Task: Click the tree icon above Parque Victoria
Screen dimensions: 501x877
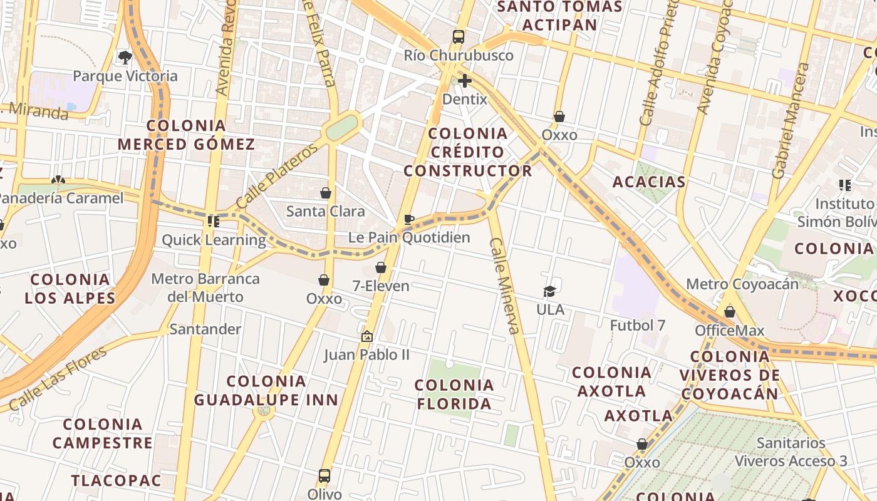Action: [125, 58]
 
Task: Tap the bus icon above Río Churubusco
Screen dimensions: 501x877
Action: [459, 37]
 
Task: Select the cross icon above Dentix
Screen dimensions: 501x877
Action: [465, 81]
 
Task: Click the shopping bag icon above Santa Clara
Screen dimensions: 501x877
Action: [325, 193]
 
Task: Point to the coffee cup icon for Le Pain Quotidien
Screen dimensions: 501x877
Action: [409, 219]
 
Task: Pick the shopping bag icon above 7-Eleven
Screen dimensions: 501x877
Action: [380, 268]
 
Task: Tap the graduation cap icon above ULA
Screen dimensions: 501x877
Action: [550, 291]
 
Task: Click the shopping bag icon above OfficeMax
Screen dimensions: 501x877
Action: [730, 312]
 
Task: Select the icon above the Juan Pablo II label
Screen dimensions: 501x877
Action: [367, 336]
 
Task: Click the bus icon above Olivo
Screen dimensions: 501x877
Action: [324, 475]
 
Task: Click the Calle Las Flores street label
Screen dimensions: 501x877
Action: [58, 379]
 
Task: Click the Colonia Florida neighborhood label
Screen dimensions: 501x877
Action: [455, 395]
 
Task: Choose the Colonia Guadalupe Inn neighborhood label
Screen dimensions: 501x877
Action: [266, 390]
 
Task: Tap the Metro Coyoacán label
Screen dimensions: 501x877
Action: [742, 284]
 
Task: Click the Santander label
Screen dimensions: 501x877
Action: [205, 329]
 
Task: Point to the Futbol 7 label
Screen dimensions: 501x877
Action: [638, 325]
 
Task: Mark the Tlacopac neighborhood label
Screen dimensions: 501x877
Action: [116, 481]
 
